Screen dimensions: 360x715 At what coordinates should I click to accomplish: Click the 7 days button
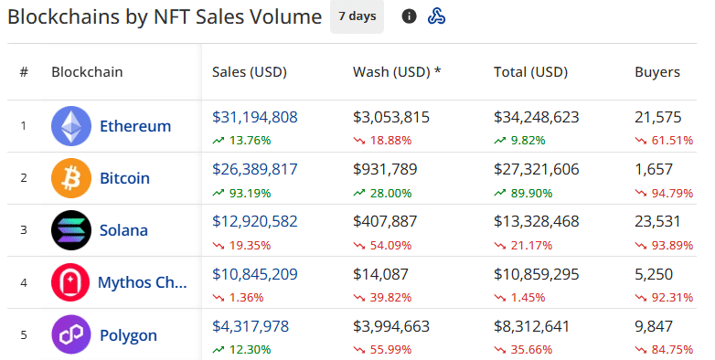point(357,16)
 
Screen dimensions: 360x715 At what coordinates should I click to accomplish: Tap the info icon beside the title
point(410,16)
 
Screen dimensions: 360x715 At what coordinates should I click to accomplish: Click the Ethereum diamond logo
point(71,126)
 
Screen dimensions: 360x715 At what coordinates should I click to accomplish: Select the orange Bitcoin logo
point(71,178)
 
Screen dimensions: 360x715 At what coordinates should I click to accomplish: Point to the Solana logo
point(71,230)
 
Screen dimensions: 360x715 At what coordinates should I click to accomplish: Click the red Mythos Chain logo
point(71,282)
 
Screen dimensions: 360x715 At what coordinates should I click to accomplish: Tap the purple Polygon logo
point(71,334)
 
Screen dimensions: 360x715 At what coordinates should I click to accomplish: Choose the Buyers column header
point(657,72)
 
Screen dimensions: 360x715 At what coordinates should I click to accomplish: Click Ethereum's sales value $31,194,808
point(255,117)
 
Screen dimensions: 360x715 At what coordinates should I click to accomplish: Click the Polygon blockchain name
point(128,334)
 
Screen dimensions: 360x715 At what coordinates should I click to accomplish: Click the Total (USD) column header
point(530,72)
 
